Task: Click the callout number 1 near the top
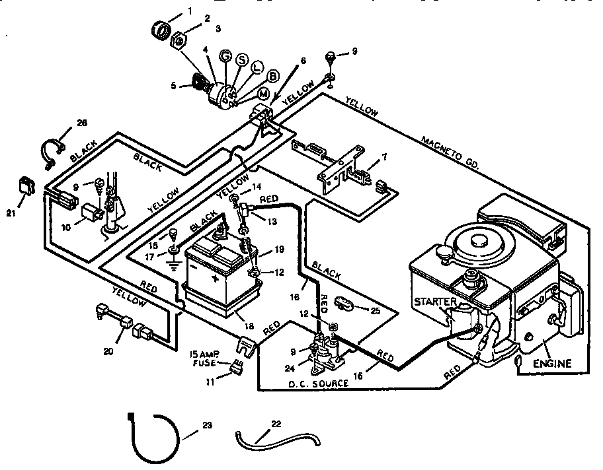(189, 11)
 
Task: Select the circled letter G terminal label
(225, 57)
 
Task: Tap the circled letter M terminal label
(246, 94)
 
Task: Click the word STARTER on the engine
(435, 302)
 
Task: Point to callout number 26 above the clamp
(82, 123)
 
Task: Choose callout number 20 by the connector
(108, 352)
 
